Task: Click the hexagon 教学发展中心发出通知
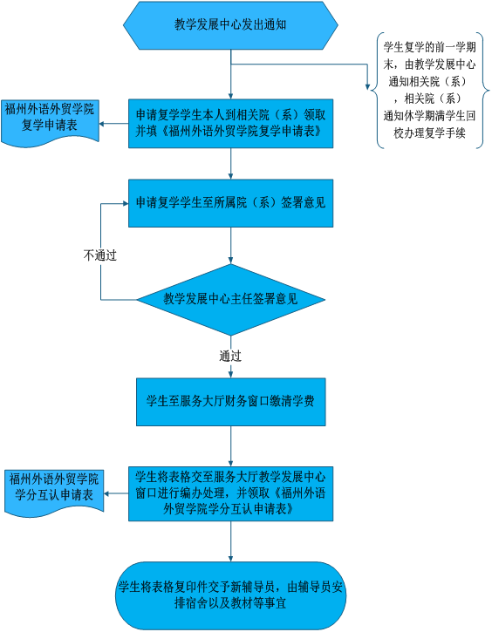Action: [230, 25]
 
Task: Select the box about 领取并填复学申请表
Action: [230, 123]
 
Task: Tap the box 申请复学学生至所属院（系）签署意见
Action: [230, 203]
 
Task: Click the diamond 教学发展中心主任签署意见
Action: [230, 300]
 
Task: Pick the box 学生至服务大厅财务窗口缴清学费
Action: [230, 402]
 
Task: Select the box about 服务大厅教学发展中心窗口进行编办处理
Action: [230, 493]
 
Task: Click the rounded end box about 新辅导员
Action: [230, 595]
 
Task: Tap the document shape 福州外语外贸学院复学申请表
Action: [50, 122]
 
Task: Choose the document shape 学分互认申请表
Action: [54, 493]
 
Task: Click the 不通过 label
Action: [99, 255]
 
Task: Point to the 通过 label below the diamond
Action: [230, 356]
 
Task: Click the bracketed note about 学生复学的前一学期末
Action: [429, 91]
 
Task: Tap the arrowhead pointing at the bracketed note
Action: [367, 86]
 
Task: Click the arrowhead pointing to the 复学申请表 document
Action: [102, 123]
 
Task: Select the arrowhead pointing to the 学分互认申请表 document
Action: [107, 493]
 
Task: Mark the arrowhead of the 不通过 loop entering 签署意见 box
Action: [126, 203]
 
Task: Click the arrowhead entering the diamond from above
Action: [230, 261]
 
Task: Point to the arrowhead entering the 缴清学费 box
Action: [230, 375]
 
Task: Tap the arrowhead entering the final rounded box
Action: [230, 559]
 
